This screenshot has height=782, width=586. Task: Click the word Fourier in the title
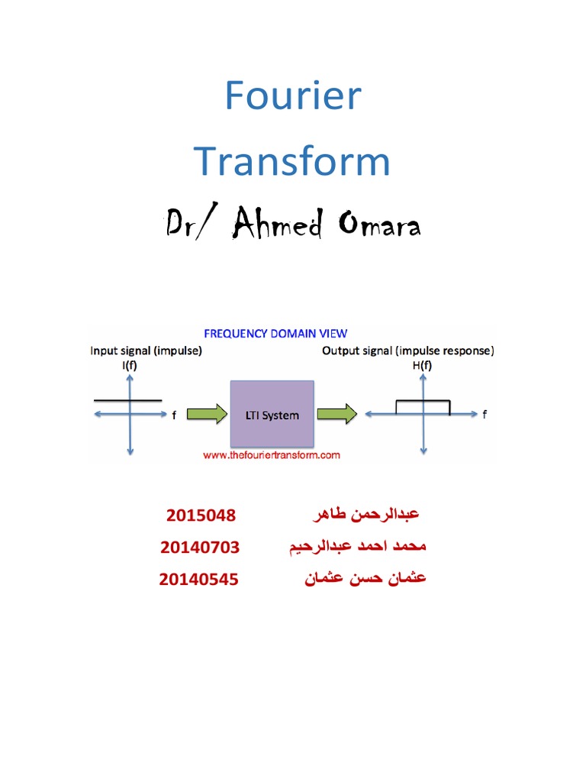click(293, 98)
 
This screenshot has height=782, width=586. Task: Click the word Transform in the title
click(292, 162)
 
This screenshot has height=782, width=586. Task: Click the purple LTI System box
click(272, 415)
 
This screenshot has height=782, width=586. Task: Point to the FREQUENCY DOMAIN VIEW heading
click(275, 333)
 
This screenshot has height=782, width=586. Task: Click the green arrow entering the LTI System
click(206, 415)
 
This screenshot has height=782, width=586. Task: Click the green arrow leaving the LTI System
click(336, 415)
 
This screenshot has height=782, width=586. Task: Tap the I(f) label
click(130, 367)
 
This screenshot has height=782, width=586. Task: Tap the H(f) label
click(422, 367)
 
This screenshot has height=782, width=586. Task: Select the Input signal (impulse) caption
click(146, 351)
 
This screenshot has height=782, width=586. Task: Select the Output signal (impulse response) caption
click(408, 351)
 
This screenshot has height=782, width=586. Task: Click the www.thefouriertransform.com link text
click(271, 455)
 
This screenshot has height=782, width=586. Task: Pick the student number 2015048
click(201, 515)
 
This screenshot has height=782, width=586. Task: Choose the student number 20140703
click(200, 548)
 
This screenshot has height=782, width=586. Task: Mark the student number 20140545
click(198, 580)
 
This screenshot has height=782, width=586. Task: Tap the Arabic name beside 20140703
click(357, 548)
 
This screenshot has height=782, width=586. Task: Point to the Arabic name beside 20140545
click(365, 579)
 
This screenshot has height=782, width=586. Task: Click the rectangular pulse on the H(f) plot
click(422, 401)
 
